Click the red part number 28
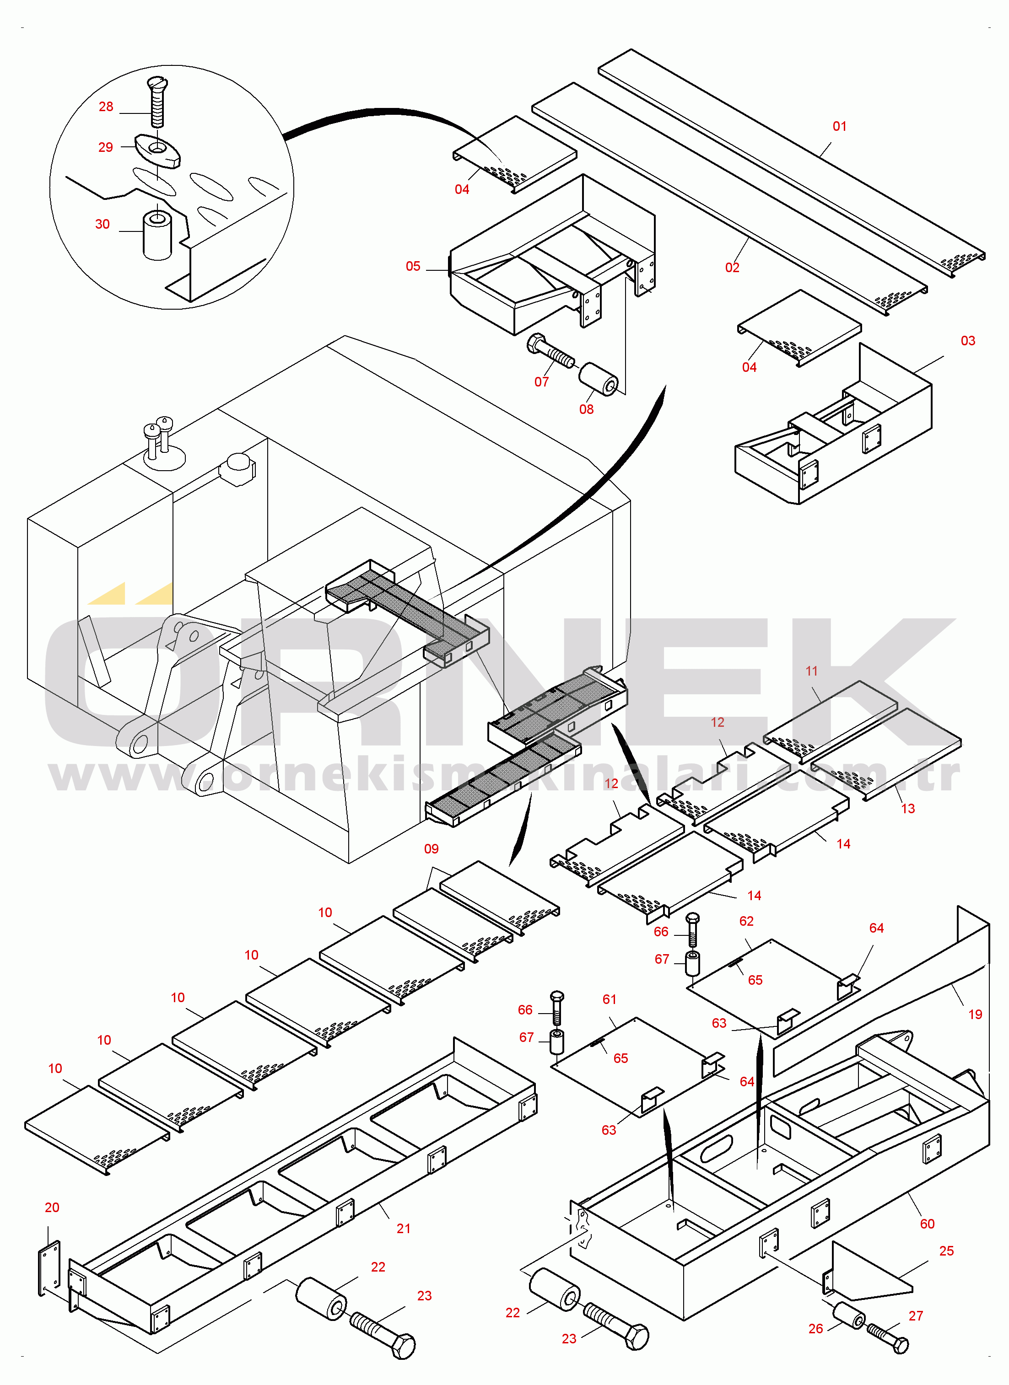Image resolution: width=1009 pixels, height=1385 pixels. [106, 107]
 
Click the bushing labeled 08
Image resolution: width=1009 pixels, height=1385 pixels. [599, 379]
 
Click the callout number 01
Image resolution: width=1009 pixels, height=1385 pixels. [840, 126]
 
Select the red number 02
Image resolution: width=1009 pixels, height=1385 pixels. [732, 268]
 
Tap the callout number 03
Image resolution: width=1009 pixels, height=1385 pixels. [968, 341]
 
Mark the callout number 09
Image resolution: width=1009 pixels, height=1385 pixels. [431, 849]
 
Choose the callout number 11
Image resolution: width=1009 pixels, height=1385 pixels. [812, 671]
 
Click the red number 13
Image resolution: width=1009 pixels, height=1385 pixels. [908, 809]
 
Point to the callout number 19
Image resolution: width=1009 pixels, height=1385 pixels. [976, 1015]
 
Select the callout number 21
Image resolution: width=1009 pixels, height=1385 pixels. [404, 1229]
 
